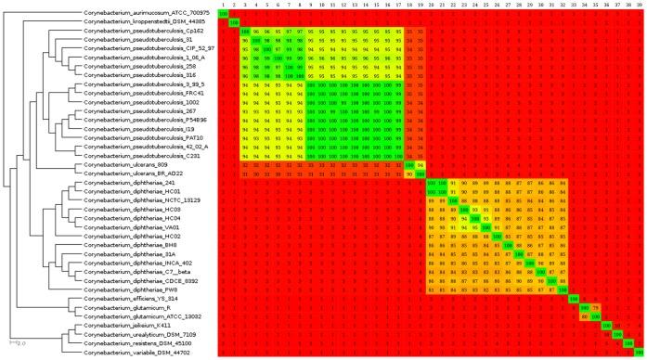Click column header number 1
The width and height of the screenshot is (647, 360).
(224, 5)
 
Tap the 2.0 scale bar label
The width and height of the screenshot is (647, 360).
(17, 343)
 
